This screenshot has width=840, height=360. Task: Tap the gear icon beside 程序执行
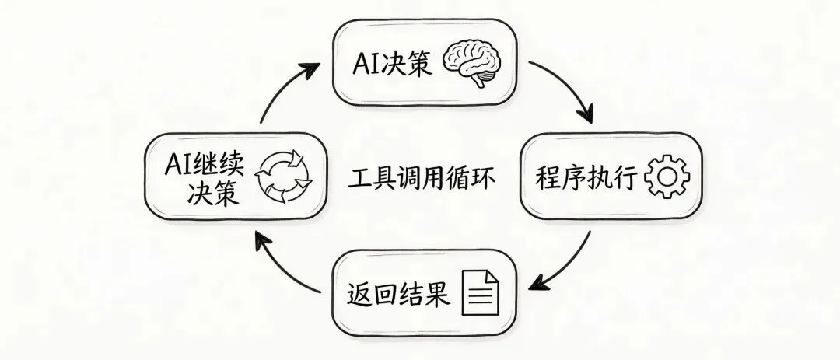pyautogui.click(x=667, y=177)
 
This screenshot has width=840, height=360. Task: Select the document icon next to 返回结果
pyautogui.click(x=481, y=293)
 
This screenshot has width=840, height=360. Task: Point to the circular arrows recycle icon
pyautogui.click(x=283, y=177)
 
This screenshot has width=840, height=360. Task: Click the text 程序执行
pyautogui.click(x=586, y=178)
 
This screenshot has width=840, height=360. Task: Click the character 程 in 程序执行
pyautogui.click(x=548, y=178)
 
